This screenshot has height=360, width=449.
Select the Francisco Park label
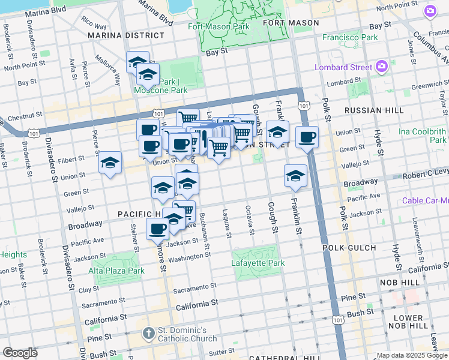click(350, 37)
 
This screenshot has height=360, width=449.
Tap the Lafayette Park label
click(255, 263)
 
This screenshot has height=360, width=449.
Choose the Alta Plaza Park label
click(117, 271)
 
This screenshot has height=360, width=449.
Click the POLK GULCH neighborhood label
click(366, 247)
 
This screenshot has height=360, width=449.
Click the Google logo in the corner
click(20, 353)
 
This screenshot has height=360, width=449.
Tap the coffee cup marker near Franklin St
click(307, 137)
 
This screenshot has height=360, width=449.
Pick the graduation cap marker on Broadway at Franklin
click(295, 176)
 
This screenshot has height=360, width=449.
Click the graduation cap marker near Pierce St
click(110, 163)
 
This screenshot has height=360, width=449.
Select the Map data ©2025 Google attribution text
click(412, 355)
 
